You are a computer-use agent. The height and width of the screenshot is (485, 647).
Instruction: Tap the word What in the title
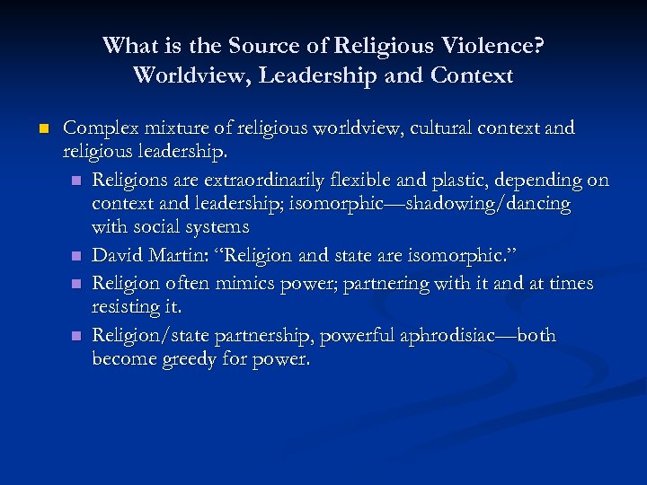click(x=129, y=45)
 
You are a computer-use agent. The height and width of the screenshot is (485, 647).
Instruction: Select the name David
click(x=119, y=257)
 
